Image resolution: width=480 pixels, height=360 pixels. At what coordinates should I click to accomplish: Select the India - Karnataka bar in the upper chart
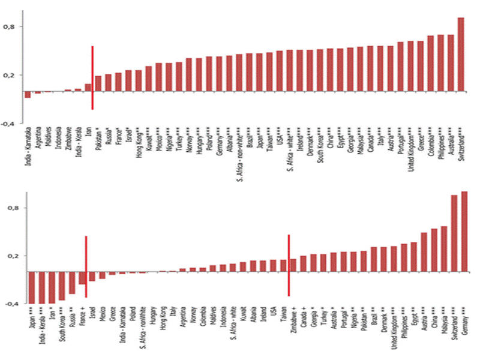pyautogui.click(x=28, y=94)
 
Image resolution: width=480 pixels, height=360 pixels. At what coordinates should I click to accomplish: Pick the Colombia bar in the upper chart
pyautogui.click(x=430, y=64)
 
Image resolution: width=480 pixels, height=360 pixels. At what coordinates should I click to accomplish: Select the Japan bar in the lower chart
pyautogui.click(x=32, y=287)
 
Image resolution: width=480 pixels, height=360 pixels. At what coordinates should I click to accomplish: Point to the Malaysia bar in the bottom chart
pyautogui.click(x=444, y=249)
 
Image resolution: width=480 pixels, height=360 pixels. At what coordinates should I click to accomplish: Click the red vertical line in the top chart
pyautogui.click(x=92, y=78)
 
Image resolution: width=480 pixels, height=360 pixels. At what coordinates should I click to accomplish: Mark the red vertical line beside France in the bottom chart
pyautogui.click(x=86, y=266)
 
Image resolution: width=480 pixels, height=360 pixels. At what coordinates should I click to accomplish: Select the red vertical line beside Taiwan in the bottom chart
pyautogui.click(x=289, y=265)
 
